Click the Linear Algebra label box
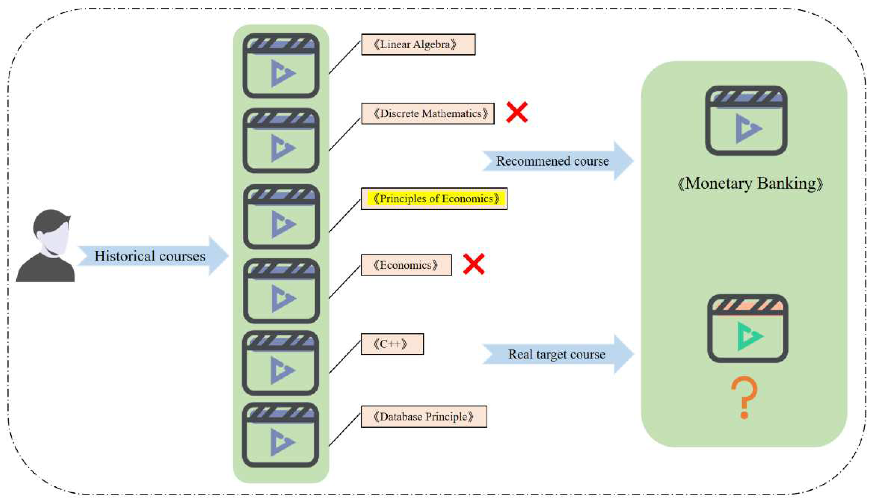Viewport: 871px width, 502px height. click(418, 44)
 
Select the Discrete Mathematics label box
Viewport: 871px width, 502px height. click(428, 113)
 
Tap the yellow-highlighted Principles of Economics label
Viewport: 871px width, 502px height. click(434, 199)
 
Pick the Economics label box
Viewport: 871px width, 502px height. click(406, 265)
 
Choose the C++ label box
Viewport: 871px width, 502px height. click(392, 344)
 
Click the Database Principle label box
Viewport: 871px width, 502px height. click(424, 416)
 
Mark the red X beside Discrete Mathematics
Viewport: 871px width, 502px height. click(517, 112)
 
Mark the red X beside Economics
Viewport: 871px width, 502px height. click(474, 264)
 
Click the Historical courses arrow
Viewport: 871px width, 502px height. click(152, 256)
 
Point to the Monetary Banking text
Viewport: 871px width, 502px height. click(750, 184)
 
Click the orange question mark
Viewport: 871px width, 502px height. click(744, 397)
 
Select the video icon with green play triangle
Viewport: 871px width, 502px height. click(748, 328)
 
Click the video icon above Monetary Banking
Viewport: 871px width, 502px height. click(746, 121)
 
